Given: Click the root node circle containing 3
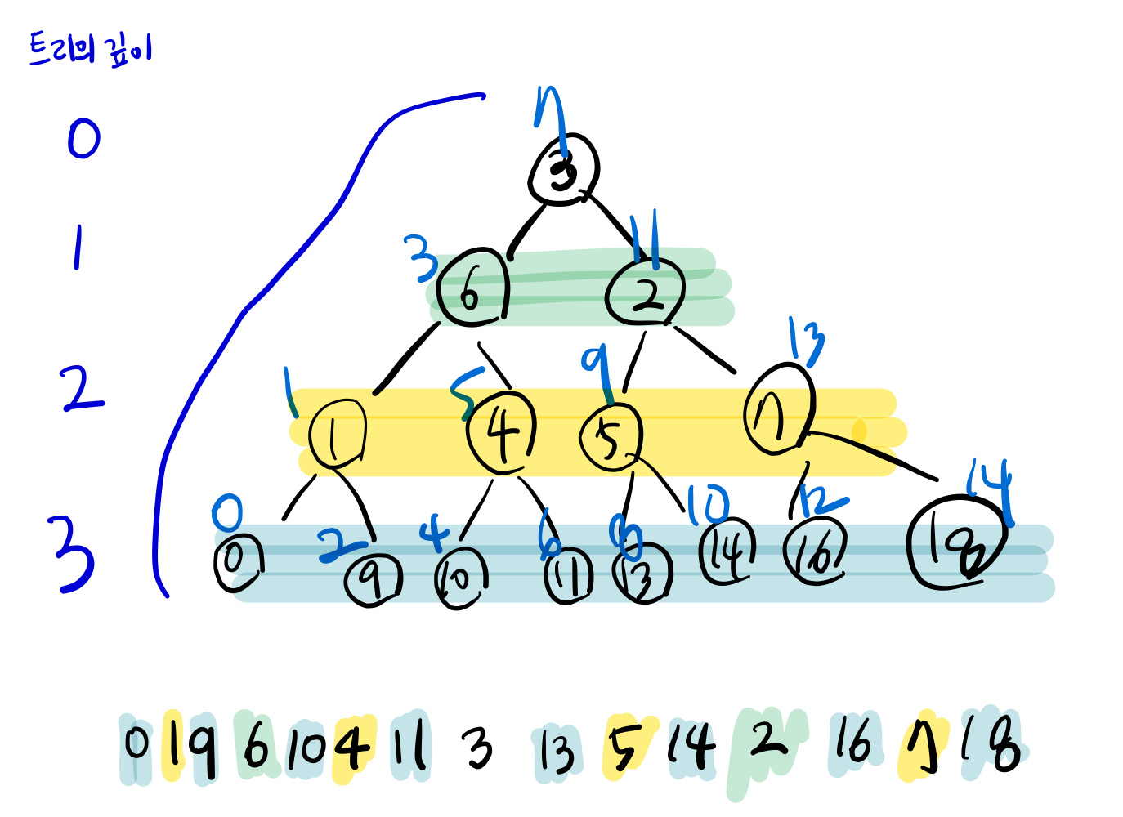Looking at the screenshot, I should click(x=564, y=170).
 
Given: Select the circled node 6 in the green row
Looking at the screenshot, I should click(x=472, y=289).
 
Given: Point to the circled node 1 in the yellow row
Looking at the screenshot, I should click(x=337, y=434).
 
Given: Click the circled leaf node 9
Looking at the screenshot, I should click(x=373, y=580).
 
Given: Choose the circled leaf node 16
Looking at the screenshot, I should click(x=815, y=553).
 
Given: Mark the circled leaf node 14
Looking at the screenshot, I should click(x=727, y=551).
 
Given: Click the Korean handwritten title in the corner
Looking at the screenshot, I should click(x=90, y=50).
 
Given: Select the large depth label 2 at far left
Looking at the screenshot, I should click(x=82, y=389).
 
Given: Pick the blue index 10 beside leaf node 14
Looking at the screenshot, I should click(x=707, y=505).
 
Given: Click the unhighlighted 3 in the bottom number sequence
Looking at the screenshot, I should click(x=478, y=748).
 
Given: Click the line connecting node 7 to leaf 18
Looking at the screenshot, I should click(x=875, y=453).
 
